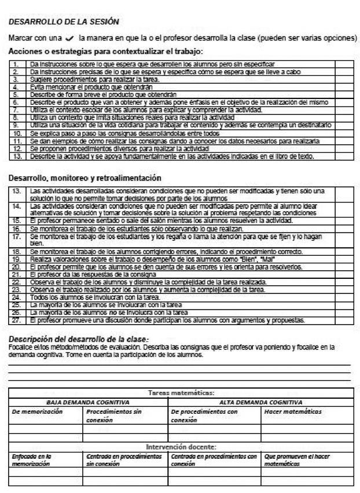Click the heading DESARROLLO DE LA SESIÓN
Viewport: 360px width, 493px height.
click(x=64, y=22)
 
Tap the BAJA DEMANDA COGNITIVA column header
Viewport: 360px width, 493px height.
click(x=88, y=401)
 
